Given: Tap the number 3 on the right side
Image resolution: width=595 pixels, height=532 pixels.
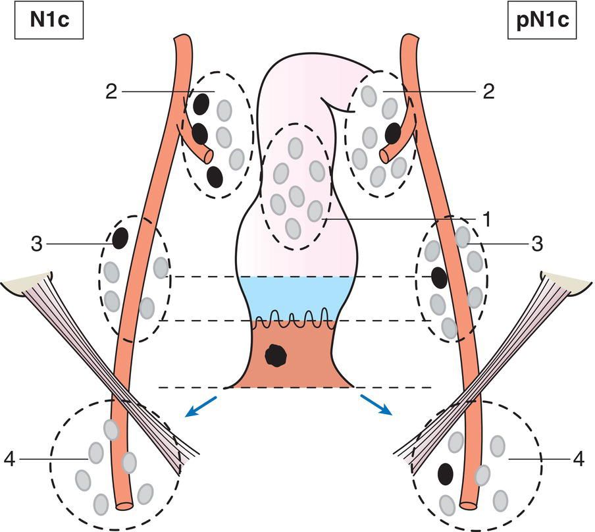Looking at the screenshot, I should point(538,244).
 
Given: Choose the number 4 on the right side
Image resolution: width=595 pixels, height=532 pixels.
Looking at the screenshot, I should point(577,459).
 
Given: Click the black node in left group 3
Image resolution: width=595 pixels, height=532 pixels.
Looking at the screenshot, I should point(120,238).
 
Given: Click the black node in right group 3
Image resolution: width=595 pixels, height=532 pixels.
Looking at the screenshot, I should point(438,279).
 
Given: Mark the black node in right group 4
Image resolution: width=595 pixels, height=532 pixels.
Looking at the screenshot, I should point(446,473).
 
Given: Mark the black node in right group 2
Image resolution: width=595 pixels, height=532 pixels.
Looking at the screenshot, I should point(393,133).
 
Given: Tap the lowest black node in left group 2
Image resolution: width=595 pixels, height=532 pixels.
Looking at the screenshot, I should point(213,176).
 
